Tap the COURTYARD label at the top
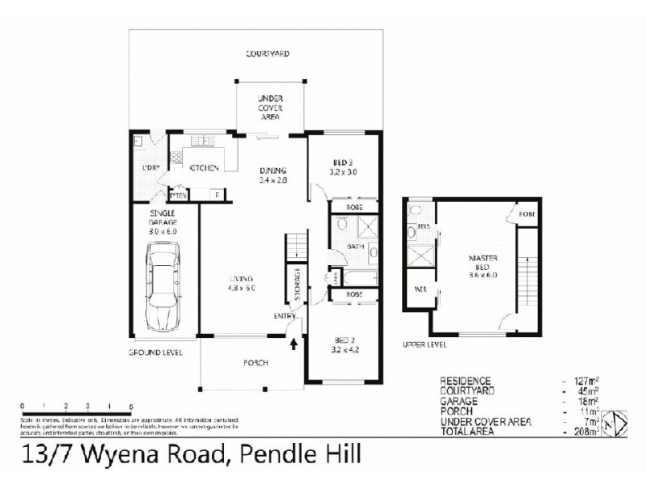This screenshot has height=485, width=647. (268, 54)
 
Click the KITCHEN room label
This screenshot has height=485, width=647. (204, 168)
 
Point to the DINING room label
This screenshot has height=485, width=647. (273, 171)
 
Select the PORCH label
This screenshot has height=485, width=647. (256, 363)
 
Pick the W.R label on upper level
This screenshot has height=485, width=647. (421, 289)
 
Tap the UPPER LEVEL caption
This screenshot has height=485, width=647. (423, 344)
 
